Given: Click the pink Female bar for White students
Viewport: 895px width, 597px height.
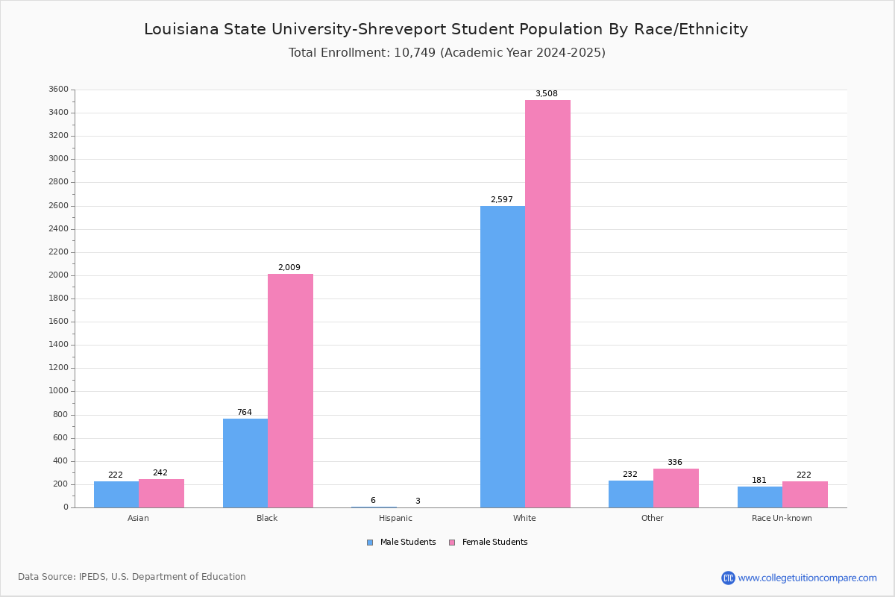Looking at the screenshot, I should click(x=547, y=304).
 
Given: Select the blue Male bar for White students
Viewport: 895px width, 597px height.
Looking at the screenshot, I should click(x=503, y=357).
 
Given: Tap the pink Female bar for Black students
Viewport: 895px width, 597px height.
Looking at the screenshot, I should click(x=290, y=390).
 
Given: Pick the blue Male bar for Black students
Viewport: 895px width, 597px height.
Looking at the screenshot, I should click(x=245, y=463).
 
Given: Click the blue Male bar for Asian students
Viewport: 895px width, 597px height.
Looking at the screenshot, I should click(x=116, y=494).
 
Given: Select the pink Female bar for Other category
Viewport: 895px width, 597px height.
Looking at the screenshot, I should click(x=676, y=488).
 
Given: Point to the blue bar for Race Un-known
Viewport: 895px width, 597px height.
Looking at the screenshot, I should click(x=760, y=497).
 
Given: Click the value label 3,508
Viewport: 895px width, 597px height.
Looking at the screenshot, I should click(x=546, y=94).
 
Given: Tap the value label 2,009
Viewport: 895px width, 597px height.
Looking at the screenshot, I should click(x=289, y=268).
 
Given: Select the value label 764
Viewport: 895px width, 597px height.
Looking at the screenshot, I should click(x=245, y=413).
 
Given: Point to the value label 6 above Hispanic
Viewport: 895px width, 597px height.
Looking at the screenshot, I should click(x=373, y=501).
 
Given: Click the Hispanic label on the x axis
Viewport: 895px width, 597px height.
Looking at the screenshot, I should click(x=395, y=518).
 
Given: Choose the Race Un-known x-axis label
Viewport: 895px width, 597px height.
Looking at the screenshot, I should click(x=782, y=518).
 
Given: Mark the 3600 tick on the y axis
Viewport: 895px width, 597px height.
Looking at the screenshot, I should click(x=57, y=90).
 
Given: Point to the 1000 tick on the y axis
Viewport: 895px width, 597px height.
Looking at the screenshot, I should click(x=57, y=391).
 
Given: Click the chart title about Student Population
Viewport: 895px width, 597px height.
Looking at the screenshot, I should click(x=446, y=29).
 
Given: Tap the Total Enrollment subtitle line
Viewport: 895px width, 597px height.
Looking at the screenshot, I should click(x=447, y=53).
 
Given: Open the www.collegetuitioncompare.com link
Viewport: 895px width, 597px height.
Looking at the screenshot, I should click(x=807, y=578).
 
